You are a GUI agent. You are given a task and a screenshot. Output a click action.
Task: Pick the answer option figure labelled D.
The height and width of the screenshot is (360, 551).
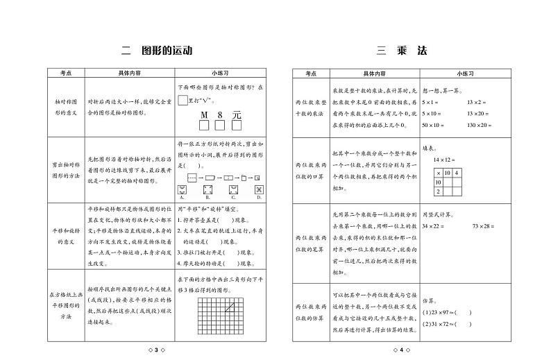pyautogui.click(x=258, y=189)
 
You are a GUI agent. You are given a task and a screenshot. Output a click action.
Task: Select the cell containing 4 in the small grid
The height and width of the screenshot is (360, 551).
pyautogui.click(x=457, y=172)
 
